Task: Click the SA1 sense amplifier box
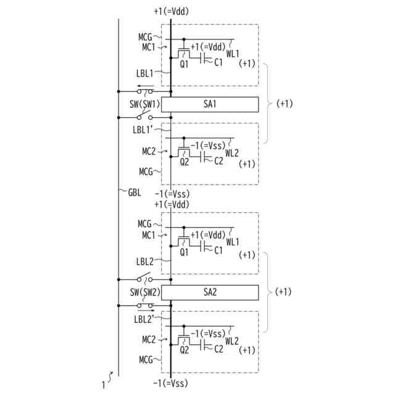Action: [x=210, y=104]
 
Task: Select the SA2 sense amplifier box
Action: [x=210, y=291]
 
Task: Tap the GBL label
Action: [x=134, y=192]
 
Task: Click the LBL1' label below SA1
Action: [x=146, y=130]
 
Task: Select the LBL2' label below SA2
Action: [x=146, y=318]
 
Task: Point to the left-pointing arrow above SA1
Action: [x=145, y=87]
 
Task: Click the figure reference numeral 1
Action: [x=104, y=385]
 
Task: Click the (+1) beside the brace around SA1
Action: [x=286, y=103]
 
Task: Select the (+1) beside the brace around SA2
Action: [x=286, y=291]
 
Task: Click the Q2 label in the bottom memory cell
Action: [x=184, y=350]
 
